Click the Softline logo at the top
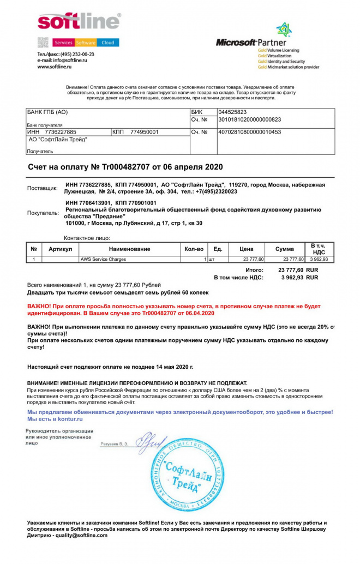click(79, 21)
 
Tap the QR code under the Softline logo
click(44, 43)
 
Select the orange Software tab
click(86, 43)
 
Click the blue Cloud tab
click(108, 43)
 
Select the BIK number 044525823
click(233, 112)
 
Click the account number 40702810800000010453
click(249, 132)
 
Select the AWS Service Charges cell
click(103, 259)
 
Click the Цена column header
click(247, 249)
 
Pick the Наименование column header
click(129, 249)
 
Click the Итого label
click(255, 269)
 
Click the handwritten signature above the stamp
click(150, 441)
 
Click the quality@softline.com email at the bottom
click(80, 535)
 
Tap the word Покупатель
click(43, 213)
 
